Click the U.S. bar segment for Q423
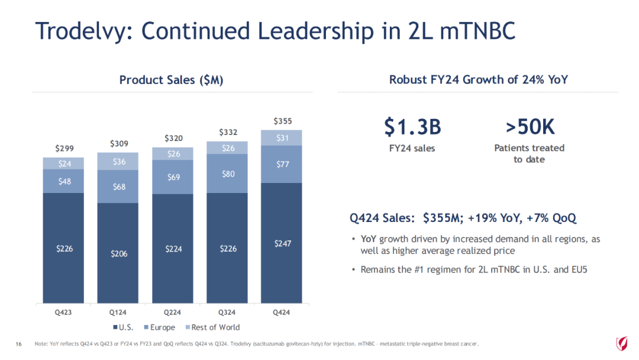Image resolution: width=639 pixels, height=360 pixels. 63,249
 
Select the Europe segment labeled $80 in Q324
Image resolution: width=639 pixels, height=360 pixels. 227,174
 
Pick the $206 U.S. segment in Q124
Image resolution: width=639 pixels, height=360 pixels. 118,253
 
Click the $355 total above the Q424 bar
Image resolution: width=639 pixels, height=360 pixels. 282,121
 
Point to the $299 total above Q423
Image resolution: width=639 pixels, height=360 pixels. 64,148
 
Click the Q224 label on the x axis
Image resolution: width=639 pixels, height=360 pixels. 173,312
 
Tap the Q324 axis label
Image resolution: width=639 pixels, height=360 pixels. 227,312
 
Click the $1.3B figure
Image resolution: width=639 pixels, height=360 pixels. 412,126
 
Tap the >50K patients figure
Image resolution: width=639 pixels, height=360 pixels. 530,126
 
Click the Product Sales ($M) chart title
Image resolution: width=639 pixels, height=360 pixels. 171,80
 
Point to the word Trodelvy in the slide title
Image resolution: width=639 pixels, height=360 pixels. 76,31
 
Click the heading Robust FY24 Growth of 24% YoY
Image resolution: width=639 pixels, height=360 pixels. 478,79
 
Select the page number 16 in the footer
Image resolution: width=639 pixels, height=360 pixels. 18,344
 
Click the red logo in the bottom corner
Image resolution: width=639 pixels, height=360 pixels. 622,343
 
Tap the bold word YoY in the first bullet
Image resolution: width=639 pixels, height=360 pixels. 369,239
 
